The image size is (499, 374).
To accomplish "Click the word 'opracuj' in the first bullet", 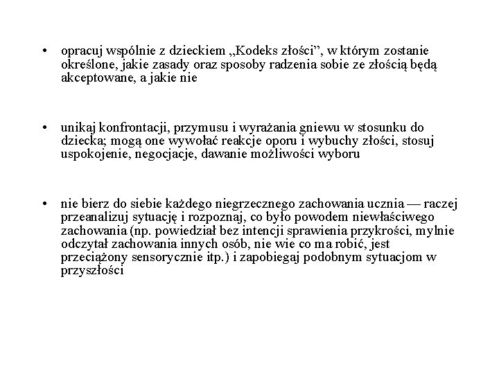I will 78,52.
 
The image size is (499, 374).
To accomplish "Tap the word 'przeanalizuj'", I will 93,217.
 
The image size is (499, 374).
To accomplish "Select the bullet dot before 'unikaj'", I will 43,128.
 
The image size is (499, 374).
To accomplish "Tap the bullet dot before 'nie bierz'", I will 43,204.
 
